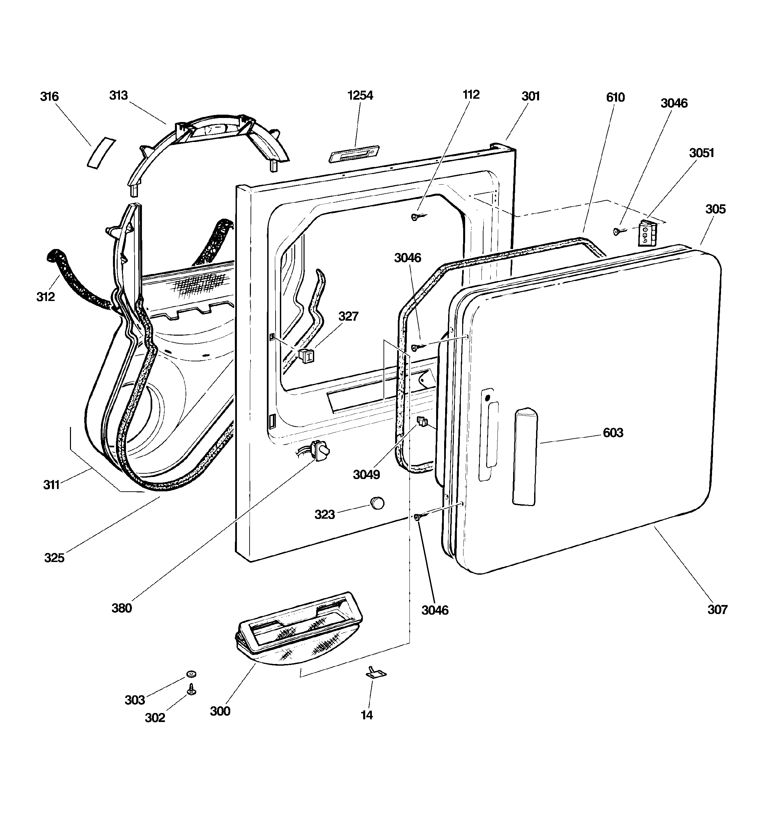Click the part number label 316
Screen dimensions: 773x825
coord(49,97)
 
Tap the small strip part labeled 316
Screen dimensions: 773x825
coord(101,153)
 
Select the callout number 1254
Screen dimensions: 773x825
coord(360,95)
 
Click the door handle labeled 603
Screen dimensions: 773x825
coord(525,456)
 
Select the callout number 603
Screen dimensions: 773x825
coord(613,433)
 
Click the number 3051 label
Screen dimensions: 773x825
coord(702,153)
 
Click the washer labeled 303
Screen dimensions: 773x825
coord(191,674)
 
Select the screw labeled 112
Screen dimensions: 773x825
coord(418,216)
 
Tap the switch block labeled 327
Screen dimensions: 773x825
coord(306,356)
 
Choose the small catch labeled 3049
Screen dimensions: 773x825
coord(422,422)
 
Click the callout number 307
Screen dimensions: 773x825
coord(717,610)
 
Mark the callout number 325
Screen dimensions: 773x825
coord(54,558)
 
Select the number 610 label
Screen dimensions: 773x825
coord(615,98)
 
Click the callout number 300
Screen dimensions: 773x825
coord(220,711)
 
